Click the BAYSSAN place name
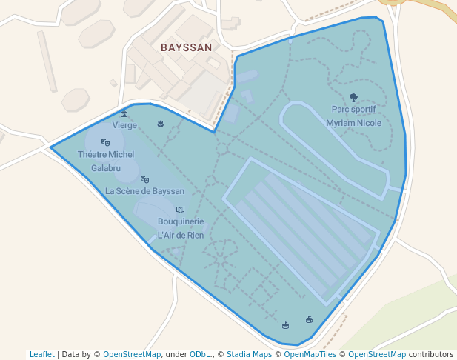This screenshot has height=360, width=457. pos(187,47)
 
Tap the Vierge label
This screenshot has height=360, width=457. pos(124,125)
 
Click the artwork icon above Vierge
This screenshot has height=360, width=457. pos(124,114)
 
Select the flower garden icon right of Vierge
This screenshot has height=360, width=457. pos(160,124)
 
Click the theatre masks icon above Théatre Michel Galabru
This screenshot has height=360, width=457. pos(105,142)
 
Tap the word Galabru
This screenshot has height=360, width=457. pos(106,168)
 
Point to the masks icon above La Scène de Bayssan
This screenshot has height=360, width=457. pos(144,179)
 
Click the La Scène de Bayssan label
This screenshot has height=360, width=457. pos(144,190)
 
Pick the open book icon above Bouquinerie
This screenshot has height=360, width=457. pos(180,210)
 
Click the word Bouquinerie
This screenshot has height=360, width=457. pos(181,221)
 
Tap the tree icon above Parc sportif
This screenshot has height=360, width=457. pos(353,98)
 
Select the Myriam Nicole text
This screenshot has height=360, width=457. pos(353,123)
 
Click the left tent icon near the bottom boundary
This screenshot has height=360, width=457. pos(285,325)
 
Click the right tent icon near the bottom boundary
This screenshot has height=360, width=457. pos(309,320)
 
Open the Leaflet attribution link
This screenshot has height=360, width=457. pos(41,354)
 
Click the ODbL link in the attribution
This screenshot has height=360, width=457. pos(199,354)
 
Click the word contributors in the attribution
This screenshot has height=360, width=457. pos(431,354)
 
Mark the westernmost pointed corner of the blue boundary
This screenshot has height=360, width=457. pos(50,147)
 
